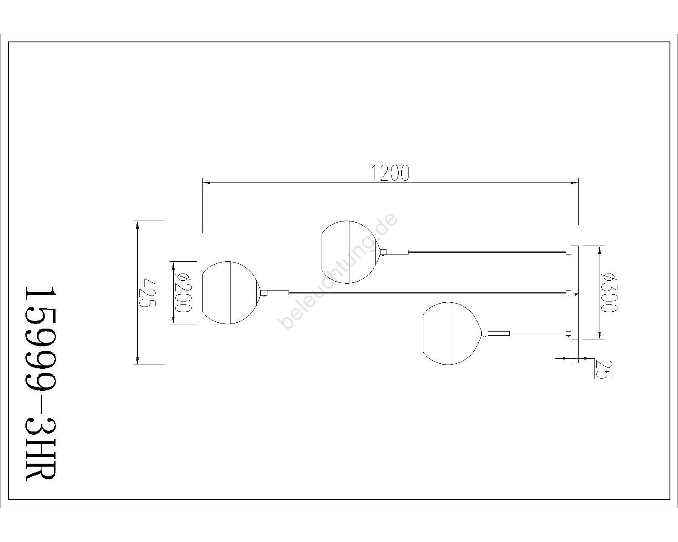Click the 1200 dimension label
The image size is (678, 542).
tap(390, 173)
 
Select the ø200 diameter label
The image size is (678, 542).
tap(183, 293)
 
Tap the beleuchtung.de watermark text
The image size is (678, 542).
tap(338, 271)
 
